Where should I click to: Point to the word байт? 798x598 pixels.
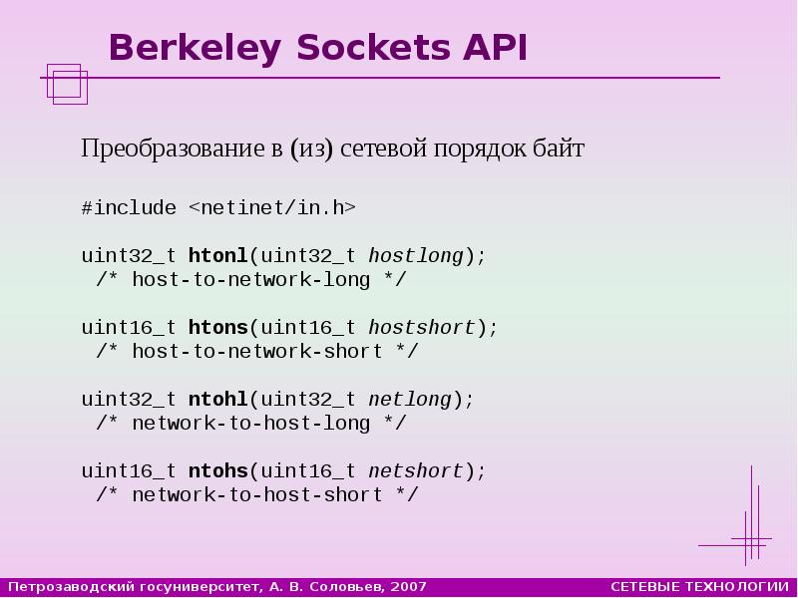559,149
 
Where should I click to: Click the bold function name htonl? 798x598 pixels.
217,256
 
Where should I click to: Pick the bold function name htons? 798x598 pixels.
217,328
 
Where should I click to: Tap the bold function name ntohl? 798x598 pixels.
217,400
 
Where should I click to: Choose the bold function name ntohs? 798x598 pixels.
217,471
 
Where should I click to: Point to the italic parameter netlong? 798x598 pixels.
410,400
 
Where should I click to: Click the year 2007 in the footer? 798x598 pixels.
410,587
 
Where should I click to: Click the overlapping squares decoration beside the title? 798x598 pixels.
67,83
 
